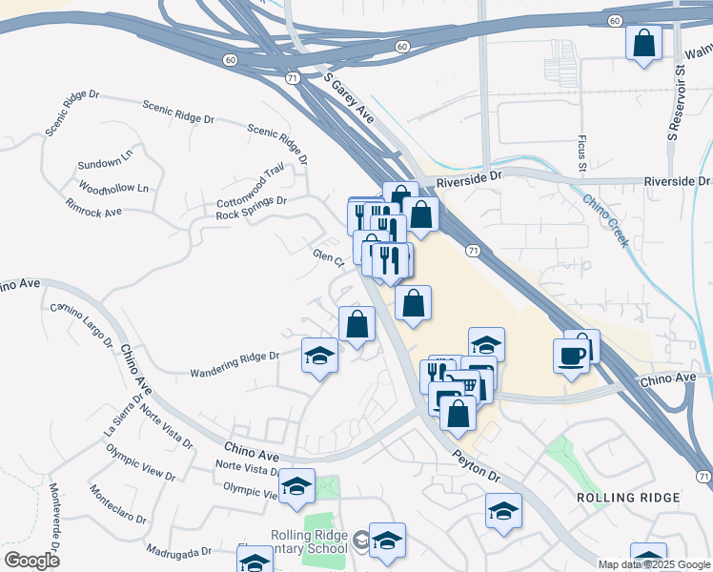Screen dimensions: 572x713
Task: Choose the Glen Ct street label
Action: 328,258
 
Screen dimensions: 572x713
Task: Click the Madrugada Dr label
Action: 179,550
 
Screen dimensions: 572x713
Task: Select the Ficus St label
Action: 582,154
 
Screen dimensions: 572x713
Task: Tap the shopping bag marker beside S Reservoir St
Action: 644,43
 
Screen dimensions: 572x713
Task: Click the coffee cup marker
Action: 571,356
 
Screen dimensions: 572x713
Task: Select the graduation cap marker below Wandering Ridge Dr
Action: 319,357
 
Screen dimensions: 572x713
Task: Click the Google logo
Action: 31,560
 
